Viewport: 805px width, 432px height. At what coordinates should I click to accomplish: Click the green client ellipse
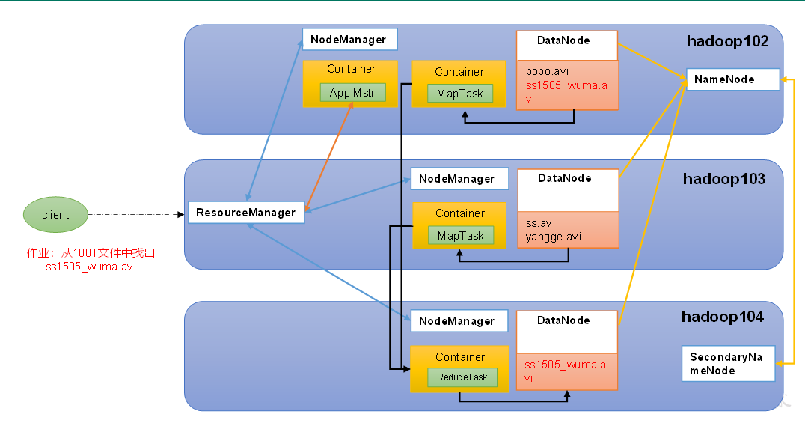point(55,215)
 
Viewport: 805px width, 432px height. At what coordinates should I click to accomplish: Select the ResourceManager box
point(246,213)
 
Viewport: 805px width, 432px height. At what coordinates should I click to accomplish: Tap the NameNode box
point(733,79)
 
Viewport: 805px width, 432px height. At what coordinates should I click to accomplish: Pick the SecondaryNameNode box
point(728,364)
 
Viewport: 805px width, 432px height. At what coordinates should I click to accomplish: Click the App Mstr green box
point(352,92)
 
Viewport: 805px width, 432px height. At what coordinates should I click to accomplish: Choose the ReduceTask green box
point(462,377)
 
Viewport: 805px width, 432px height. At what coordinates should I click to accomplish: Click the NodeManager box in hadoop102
point(349,40)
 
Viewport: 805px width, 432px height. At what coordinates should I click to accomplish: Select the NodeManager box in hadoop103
point(459,179)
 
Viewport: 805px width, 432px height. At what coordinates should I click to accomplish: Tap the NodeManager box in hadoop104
point(459,321)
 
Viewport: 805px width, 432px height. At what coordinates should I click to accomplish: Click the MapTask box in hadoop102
point(460,94)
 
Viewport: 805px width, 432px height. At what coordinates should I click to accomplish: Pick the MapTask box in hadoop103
point(461,235)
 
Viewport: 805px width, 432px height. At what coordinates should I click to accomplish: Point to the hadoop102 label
point(727,41)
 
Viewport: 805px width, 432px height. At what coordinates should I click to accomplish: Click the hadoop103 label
point(724,179)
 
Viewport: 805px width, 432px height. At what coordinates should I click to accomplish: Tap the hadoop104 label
point(723,317)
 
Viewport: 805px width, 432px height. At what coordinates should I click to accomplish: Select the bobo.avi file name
point(547,71)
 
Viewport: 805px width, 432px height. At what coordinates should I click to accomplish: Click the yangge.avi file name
point(553,237)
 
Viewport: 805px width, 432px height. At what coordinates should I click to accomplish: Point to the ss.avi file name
point(540,223)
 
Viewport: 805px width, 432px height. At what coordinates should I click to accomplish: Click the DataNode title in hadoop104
point(563,320)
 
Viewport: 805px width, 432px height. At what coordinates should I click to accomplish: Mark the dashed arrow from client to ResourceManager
point(136,214)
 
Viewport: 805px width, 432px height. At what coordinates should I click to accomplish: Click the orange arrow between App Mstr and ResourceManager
point(328,156)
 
